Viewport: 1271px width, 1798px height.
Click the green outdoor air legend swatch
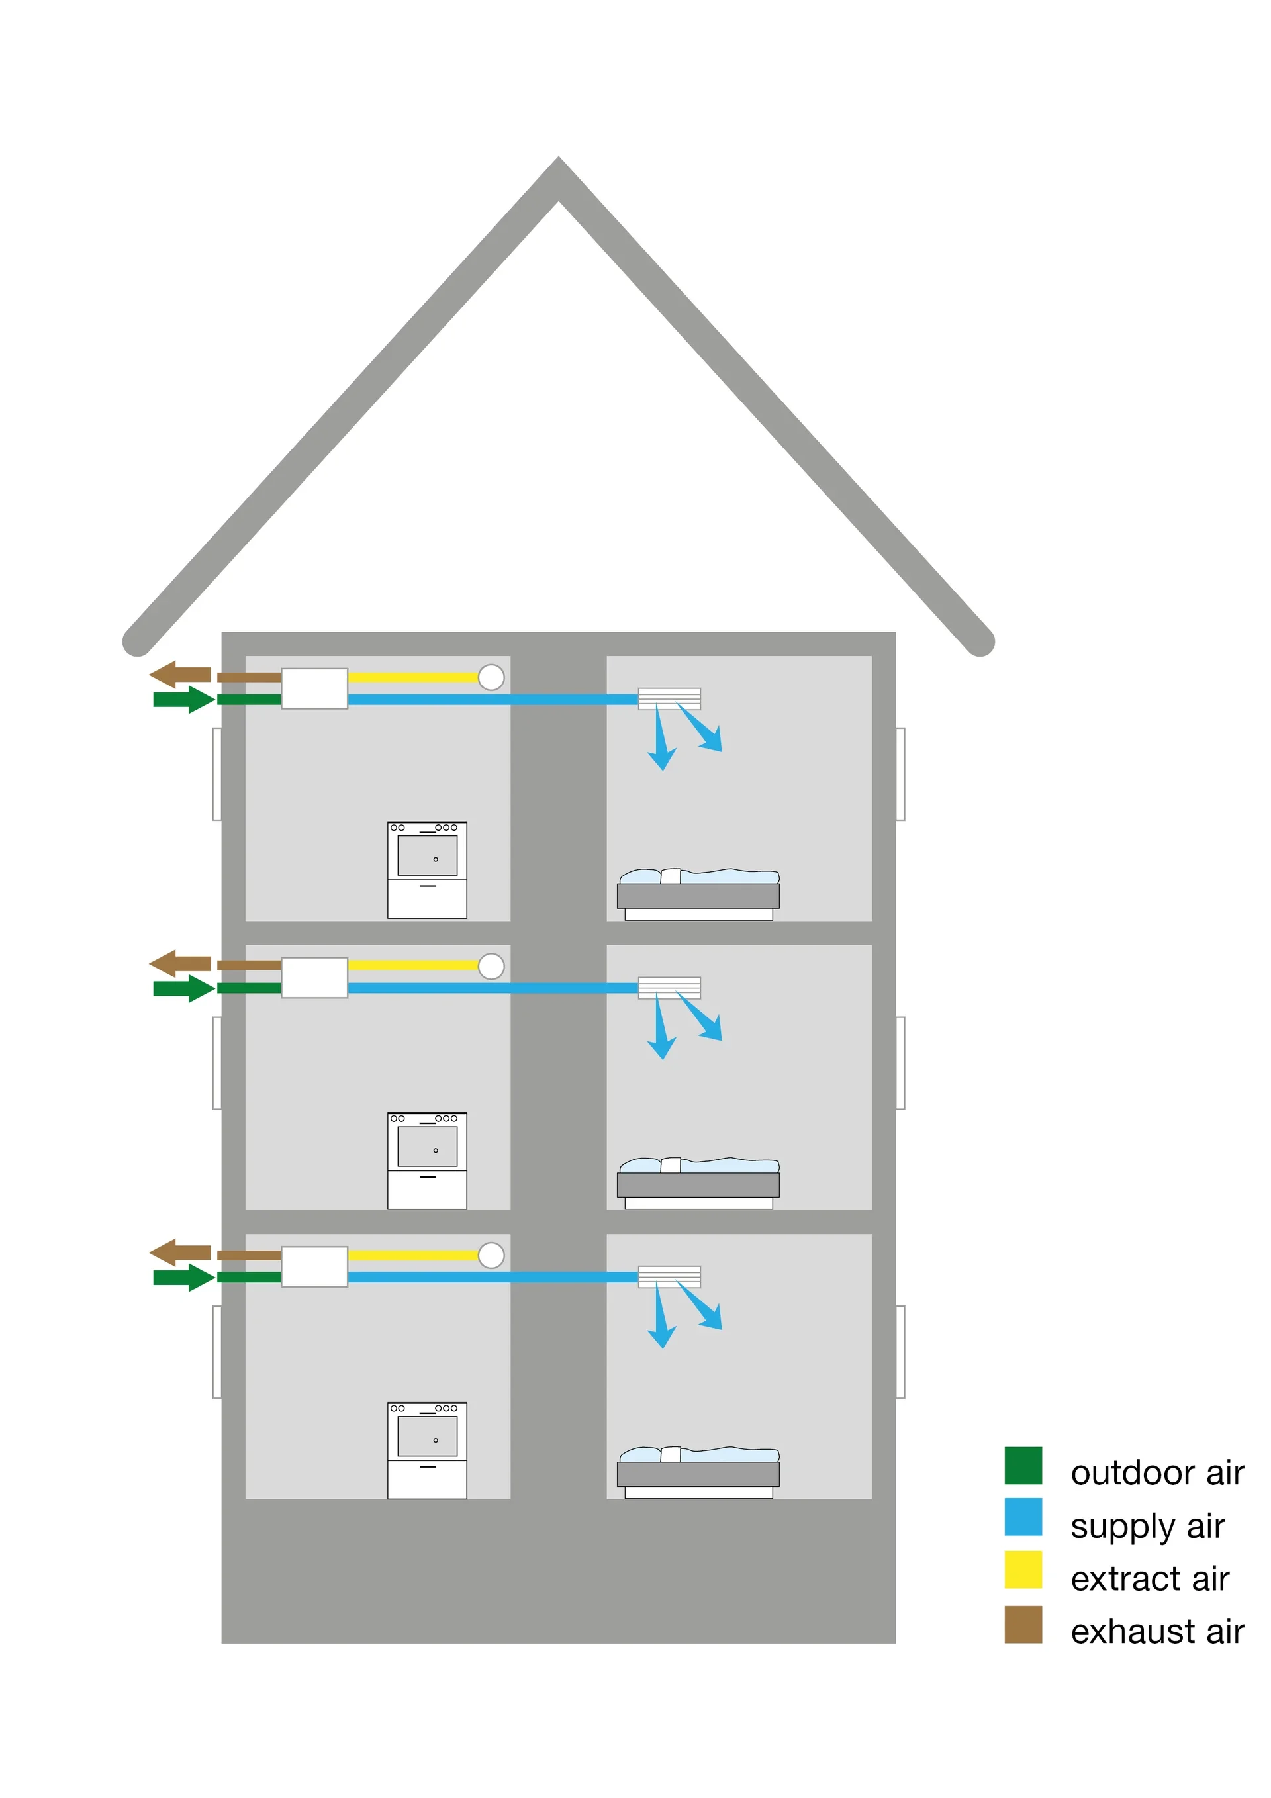pyautogui.click(x=1023, y=1465)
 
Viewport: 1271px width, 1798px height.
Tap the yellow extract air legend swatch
pyautogui.click(x=1023, y=1570)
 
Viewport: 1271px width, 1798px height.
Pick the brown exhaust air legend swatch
pyautogui.click(x=1023, y=1624)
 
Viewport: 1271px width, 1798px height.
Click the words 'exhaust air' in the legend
pyautogui.click(x=1156, y=1632)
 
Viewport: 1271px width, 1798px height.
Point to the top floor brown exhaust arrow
pyautogui.click(x=179, y=674)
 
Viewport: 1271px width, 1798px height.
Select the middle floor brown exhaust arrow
pyautogui.click(x=179, y=963)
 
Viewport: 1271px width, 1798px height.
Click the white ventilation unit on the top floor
pyautogui.click(x=314, y=688)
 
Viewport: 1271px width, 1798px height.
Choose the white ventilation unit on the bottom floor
pyautogui.click(x=314, y=1266)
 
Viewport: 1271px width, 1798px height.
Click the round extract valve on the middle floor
pyautogui.click(x=491, y=967)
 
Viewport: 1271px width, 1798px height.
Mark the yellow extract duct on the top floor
pyautogui.click(x=412, y=677)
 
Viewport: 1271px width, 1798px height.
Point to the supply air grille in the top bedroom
pyautogui.click(x=669, y=698)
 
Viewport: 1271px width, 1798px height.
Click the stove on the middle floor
pyautogui.click(x=427, y=1160)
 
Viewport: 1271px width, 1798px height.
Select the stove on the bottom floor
pyautogui.click(x=427, y=1450)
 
